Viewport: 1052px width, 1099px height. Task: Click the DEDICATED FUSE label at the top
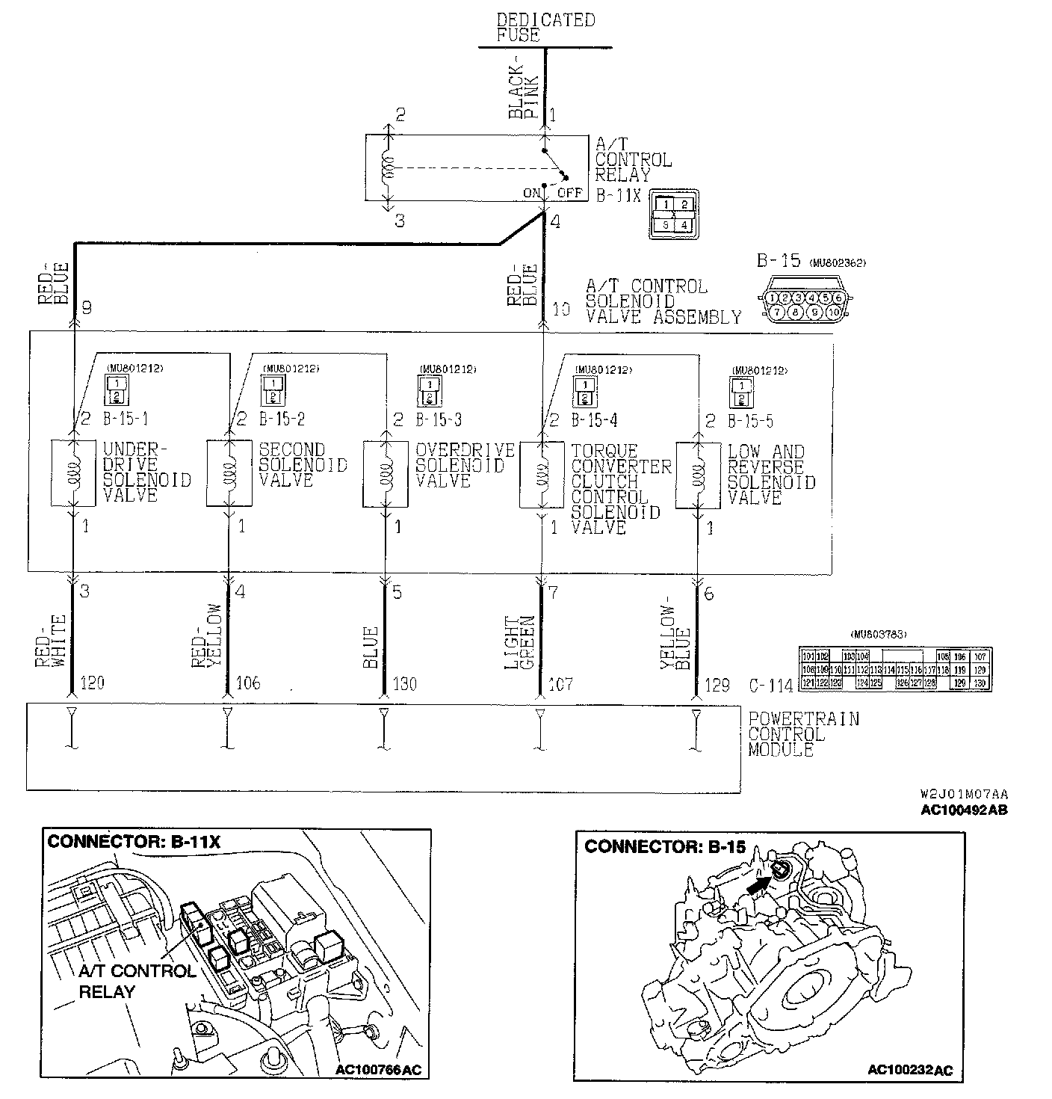point(545,28)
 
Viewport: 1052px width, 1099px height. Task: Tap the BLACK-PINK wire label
point(522,95)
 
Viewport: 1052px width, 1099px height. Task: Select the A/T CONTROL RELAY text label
point(633,159)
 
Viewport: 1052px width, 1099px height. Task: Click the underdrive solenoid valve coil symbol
point(74,473)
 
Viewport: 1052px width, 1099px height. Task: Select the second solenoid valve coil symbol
point(229,473)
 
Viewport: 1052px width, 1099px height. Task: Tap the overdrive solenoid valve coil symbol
point(386,473)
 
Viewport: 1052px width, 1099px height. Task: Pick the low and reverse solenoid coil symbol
point(697,473)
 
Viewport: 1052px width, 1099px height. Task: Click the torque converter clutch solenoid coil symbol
point(542,473)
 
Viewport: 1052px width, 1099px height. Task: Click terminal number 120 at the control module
point(91,683)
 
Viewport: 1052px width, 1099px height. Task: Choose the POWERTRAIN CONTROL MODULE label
point(803,734)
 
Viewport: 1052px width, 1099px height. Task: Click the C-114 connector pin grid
point(894,668)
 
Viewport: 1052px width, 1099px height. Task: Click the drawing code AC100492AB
point(964,810)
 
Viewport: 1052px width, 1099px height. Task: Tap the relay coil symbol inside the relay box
point(388,169)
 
